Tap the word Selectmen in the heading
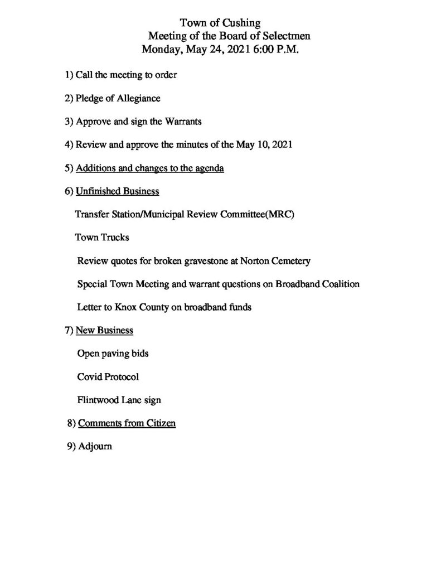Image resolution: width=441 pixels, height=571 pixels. coord(283,36)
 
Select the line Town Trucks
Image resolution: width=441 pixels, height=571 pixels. coord(102,237)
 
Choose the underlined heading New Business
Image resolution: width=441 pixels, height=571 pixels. coord(104,330)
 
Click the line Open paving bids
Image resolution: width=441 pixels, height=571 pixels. coord(113,354)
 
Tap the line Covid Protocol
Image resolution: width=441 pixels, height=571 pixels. coord(108,376)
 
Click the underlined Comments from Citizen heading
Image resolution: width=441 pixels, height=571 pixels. coord(127,423)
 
